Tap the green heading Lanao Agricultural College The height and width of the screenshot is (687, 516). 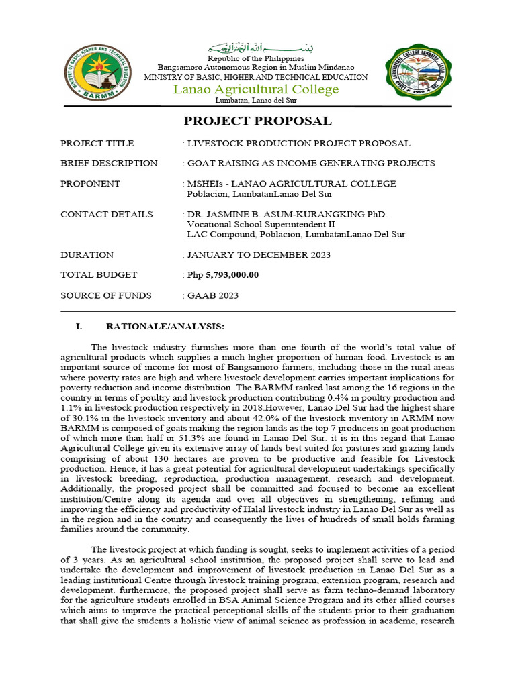tap(256, 89)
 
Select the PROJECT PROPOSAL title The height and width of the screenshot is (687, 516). tap(258, 121)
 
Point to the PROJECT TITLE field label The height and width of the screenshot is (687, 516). tap(97, 143)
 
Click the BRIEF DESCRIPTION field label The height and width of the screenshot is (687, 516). tap(109, 163)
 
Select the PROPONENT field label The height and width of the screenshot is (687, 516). tap(90, 184)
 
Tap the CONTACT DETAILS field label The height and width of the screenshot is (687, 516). tap(106, 214)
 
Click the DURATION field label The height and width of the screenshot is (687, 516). tap(87, 255)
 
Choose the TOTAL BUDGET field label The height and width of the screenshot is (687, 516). tap(99, 275)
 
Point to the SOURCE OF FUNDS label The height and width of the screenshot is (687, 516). tap(105, 295)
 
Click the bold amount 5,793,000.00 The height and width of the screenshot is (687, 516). tap(232, 275)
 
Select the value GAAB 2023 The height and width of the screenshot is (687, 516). tap(213, 295)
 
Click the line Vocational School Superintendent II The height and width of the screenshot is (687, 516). tap(261, 224)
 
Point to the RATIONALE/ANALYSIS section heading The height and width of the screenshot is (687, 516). tap(165, 327)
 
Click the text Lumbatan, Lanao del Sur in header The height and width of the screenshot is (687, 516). tap(255, 101)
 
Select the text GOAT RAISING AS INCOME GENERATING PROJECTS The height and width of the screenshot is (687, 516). tap(311, 163)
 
